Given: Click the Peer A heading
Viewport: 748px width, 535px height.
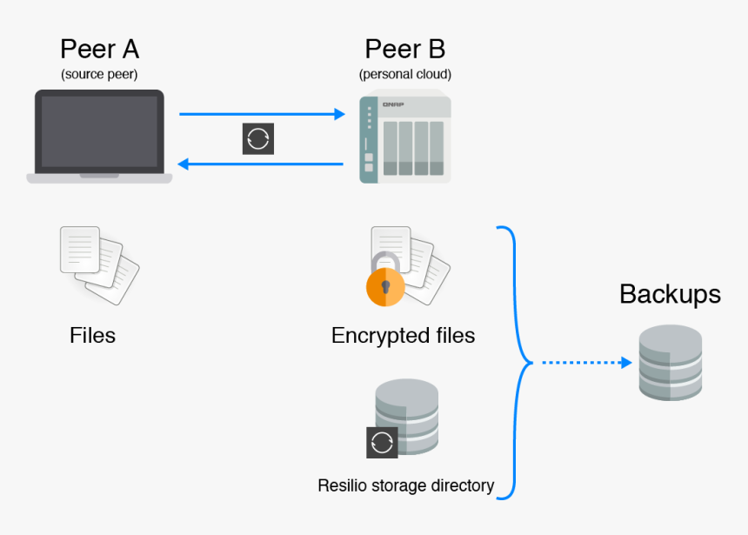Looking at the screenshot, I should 99,49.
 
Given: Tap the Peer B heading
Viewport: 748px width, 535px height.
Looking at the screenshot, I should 404,49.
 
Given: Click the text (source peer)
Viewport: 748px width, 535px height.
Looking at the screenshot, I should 99,74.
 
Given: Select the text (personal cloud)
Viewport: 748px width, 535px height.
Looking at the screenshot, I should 404,74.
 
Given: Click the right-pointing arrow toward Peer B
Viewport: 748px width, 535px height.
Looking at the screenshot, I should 261,114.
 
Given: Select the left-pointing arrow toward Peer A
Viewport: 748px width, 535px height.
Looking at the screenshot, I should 261,164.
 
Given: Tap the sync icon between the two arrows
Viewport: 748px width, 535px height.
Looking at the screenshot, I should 258,139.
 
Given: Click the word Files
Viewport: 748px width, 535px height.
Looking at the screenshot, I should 92,335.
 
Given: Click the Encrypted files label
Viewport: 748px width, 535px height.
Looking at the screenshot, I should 403,335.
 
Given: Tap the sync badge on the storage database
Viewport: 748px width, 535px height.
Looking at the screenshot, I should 382,442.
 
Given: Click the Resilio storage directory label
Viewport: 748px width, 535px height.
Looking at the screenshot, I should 405,485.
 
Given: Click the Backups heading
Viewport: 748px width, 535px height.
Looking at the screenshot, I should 670,294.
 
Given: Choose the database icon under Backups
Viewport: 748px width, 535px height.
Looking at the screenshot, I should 670,363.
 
